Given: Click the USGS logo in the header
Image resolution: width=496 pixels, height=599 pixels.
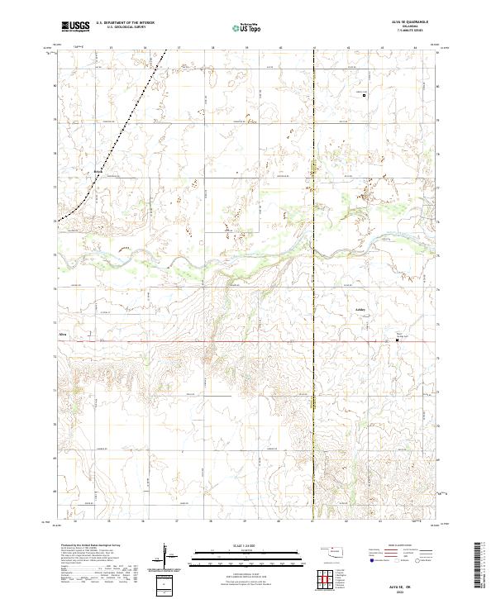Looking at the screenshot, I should [75, 26].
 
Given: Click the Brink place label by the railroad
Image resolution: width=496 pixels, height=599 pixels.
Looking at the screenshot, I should [98, 172].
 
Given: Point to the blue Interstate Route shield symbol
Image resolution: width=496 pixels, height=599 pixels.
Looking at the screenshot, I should [370, 560].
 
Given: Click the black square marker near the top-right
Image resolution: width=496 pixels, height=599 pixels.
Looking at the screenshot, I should [365, 96].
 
